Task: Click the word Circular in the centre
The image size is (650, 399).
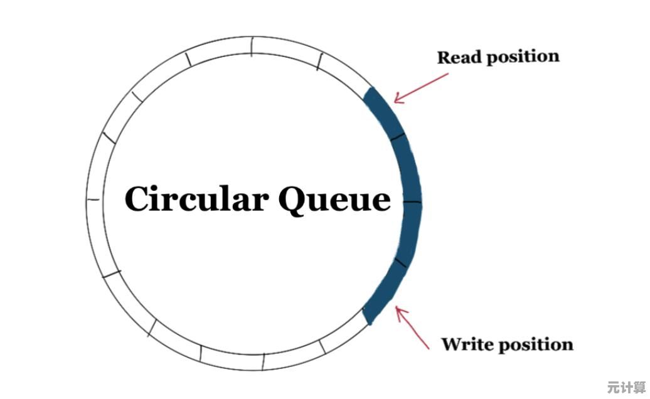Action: (196, 199)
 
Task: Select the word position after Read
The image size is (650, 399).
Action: (522, 56)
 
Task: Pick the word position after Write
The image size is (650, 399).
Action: (534, 344)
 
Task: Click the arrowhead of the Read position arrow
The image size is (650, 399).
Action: (397, 100)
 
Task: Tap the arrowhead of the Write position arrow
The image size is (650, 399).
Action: (398, 309)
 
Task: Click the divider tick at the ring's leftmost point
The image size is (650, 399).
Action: (93, 199)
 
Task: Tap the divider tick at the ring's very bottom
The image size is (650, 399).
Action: (264, 362)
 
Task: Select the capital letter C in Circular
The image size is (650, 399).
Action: (137, 199)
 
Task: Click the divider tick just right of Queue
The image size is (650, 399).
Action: (412, 203)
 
